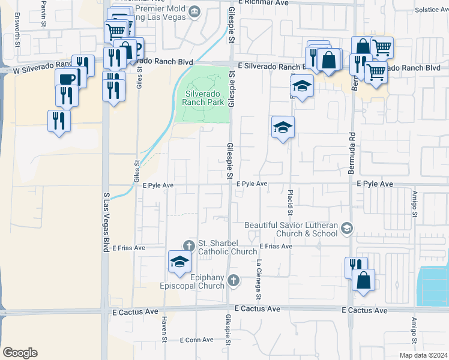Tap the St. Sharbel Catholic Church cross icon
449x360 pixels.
188,245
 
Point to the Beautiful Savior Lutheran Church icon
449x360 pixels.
346,228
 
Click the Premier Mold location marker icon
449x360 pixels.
194,11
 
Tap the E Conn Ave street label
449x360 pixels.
197,340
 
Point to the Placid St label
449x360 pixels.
290,204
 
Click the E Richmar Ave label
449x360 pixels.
264,3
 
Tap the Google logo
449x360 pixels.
20,353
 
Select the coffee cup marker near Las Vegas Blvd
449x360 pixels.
67,79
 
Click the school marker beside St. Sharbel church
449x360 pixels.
179,262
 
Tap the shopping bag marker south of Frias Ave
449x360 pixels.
363,280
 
